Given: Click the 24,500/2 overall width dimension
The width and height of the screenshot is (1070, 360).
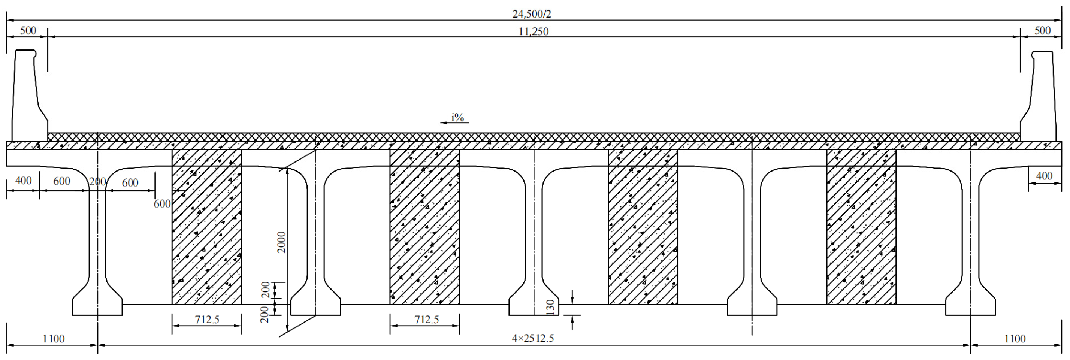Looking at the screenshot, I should pos(531,14).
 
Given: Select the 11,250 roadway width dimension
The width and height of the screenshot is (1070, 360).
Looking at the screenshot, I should pos(534,31).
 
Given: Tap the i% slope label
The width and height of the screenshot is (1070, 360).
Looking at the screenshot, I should pos(457,118).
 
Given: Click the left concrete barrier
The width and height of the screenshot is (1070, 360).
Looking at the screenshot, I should pos(27,100).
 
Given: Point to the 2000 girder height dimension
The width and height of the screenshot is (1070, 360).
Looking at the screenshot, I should pos(282,242).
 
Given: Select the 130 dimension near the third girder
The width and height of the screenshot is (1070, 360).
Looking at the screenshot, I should pos(550,307).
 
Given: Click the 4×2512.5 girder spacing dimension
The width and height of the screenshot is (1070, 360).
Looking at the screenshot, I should pos(533,338).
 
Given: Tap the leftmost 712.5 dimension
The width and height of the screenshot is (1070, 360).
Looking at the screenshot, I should pos(207,320).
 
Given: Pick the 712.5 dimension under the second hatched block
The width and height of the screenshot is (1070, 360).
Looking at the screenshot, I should pos(426,320).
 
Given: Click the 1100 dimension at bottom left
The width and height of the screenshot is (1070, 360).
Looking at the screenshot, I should pos(54,339).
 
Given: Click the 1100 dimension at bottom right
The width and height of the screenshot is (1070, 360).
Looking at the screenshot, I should pos(1015,339).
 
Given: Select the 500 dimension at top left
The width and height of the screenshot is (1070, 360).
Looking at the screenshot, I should pos(28,31).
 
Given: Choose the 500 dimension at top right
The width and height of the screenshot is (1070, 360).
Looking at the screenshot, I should pos(1042,31).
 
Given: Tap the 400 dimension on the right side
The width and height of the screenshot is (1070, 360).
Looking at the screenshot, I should pos(1044,176).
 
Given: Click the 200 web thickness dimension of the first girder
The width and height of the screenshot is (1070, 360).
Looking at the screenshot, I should pos(98,182).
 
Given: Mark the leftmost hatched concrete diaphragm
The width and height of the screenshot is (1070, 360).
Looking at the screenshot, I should pos(206,226).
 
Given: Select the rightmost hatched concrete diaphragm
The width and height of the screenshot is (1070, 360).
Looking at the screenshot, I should pos(861,226).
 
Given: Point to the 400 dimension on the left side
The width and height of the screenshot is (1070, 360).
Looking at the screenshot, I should pos(23,181).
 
